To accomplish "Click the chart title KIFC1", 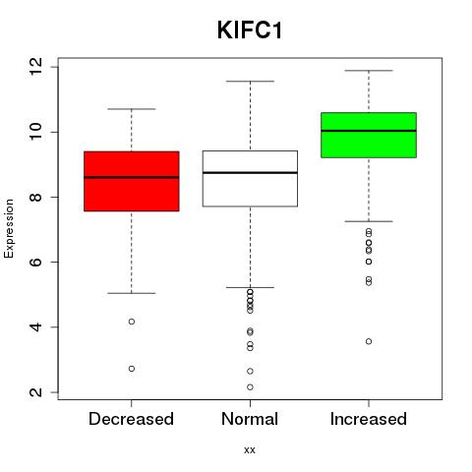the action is tap(250, 30).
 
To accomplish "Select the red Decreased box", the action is tap(132, 181).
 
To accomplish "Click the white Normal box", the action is tap(250, 178).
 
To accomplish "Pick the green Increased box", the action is tap(369, 135).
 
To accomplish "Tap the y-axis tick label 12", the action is tap(36, 67).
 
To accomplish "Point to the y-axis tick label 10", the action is tap(36, 132).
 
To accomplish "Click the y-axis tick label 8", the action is tap(36, 197).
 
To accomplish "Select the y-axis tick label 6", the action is tap(36, 262).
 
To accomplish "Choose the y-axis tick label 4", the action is tap(36, 327).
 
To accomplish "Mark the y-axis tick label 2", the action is tap(36, 392).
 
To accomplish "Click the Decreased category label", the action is tap(131, 419).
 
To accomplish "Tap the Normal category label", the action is tap(250, 419).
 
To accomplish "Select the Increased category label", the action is tap(369, 419).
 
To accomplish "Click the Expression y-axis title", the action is tap(9, 228).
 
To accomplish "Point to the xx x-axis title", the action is tap(250, 450).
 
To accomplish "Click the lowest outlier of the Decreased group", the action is tap(132, 369).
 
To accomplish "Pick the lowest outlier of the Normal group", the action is tap(250, 387).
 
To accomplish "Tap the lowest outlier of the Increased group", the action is tap(369, 341).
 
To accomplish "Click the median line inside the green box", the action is tap(369, 131).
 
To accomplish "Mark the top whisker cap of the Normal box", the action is tap(250, 81).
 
